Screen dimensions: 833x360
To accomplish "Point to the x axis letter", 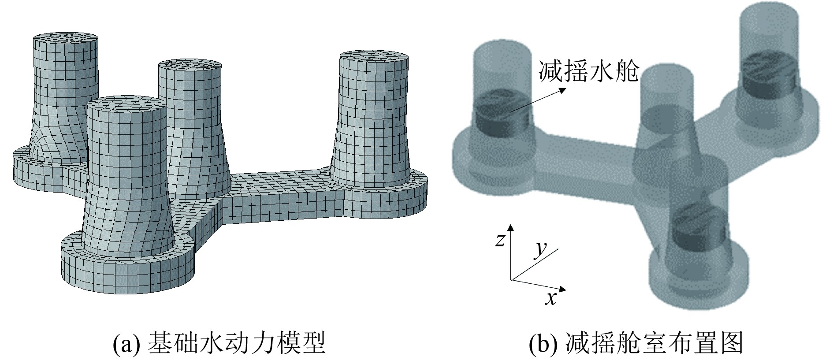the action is pos(550,299).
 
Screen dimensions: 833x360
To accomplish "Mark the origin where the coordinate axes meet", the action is pos(511,279).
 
